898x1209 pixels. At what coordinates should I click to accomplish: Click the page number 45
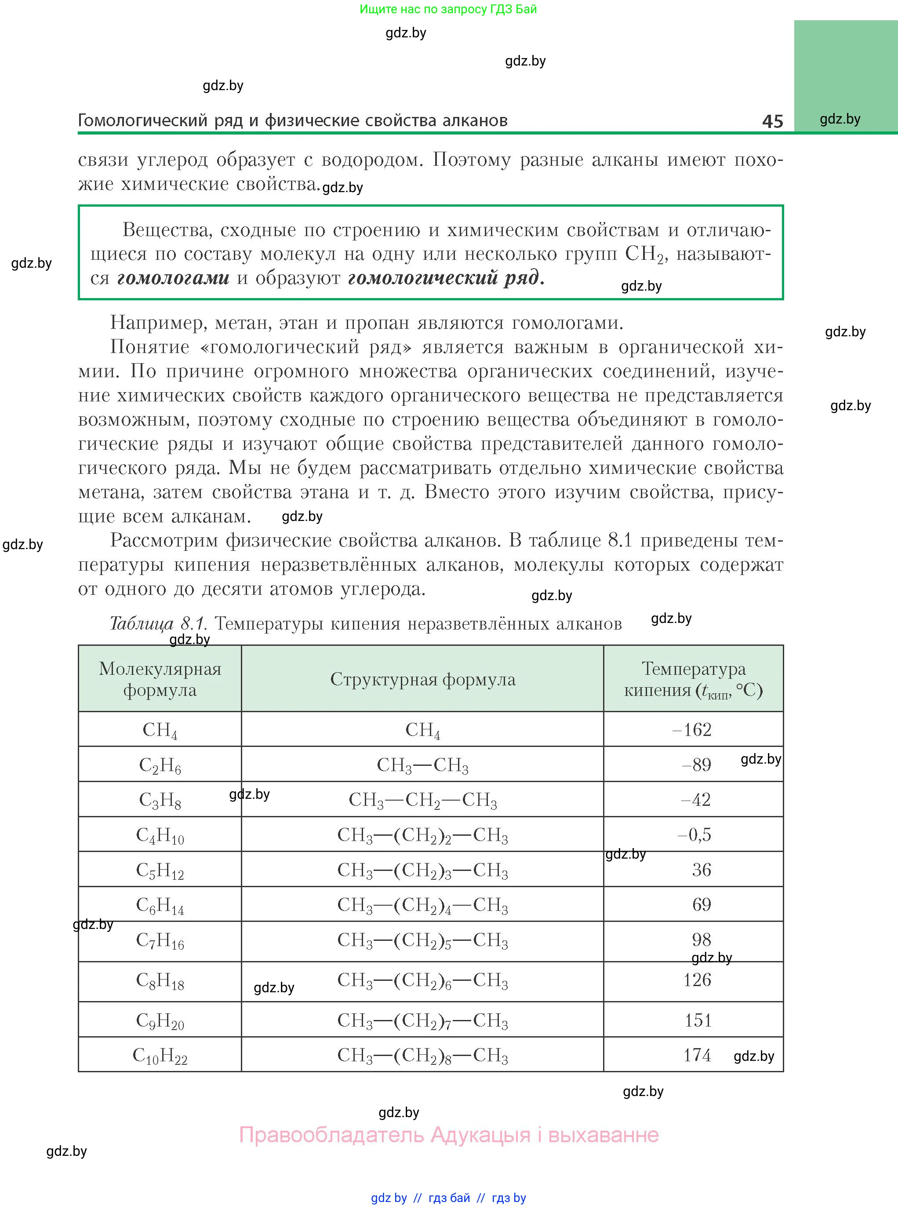772,121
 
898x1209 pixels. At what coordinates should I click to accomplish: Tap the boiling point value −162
692,729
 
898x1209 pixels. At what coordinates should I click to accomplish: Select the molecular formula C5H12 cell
160,870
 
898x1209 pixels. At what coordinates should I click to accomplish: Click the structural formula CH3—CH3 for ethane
422,765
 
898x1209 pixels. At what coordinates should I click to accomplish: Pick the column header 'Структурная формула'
422,679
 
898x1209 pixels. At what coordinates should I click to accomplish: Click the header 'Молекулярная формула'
160,679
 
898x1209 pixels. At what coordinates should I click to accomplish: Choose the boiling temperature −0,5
694,834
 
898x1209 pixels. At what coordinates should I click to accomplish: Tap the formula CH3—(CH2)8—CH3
422,1055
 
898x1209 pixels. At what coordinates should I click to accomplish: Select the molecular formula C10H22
160,1056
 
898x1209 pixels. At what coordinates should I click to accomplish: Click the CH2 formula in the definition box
644,254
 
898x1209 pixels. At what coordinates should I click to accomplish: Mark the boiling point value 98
701,940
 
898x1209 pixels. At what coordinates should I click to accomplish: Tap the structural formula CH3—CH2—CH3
422,800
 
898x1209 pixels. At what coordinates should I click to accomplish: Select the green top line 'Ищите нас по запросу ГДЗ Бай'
448,9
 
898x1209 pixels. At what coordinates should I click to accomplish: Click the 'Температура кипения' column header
693,679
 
